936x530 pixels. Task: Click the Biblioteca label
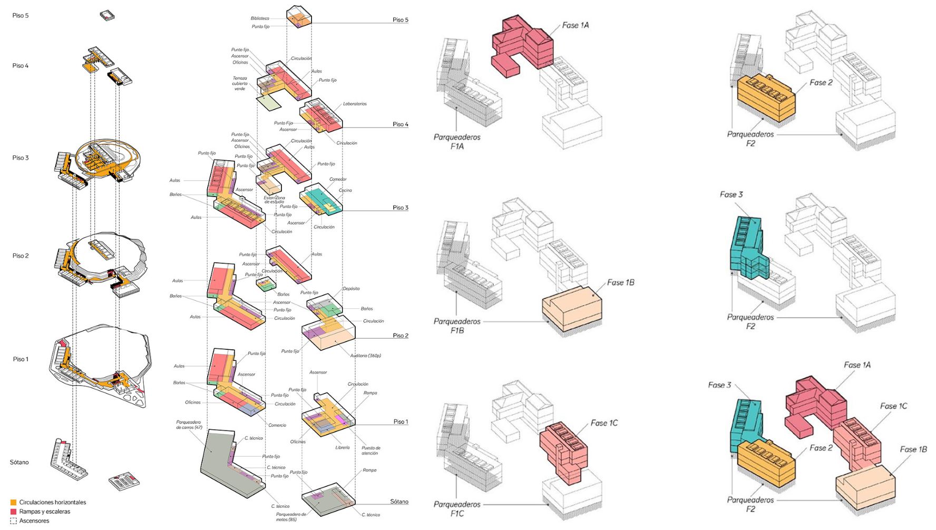pyautogui.click(x=260, y=18)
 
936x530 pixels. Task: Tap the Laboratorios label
pyautogui.click(x=355, y=104)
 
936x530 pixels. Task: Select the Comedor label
pyautogui.click(x=338, y=179)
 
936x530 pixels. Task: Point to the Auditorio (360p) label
pyautogui.click(x=365, y=356)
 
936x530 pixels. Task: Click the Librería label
pyautogui.click(x=342, y=447)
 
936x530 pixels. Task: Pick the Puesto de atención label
pyautogui.click(x=371, y=450)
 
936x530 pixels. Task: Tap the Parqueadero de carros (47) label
pyautogui.click(x=189, y=425)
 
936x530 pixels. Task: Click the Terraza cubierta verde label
pyautogui.click(x=240, y=83)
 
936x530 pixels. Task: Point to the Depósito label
pyautogui.click(x=351, y=289)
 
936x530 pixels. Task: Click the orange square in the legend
pyautogui.click(x=14, y=503)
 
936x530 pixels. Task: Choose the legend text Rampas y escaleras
pyautogui.click(x=45, y=512)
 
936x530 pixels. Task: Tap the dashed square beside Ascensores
pyautogui.click(x=14, y=521)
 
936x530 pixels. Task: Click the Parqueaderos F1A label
pyautogui.click(x=457, y=142)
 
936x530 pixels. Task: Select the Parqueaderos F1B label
pyautogui.click(x=457, y=326)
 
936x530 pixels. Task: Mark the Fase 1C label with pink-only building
pyautogui.click(x=604, y=423)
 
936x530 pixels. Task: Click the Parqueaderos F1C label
pyautogui.click(x=457, y=508)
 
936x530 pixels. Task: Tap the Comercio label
pyautogui.click(x=277, y=425)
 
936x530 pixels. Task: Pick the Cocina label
pyautogui.click(x=345, y=190)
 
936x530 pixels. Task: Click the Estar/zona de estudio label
pyautogui.click(x=274, y=200)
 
